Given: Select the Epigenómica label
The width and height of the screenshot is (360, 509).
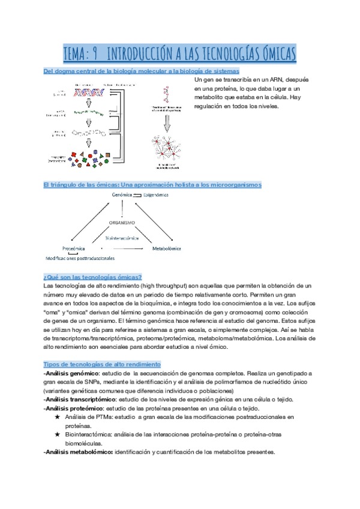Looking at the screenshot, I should [155, 195].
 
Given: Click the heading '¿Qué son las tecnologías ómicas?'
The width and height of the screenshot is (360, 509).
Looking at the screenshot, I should [92, 277].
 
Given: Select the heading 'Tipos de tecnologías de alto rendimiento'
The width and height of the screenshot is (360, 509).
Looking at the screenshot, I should [102, 364].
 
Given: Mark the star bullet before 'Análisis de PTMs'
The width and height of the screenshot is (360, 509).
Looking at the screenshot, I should [57, 417].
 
